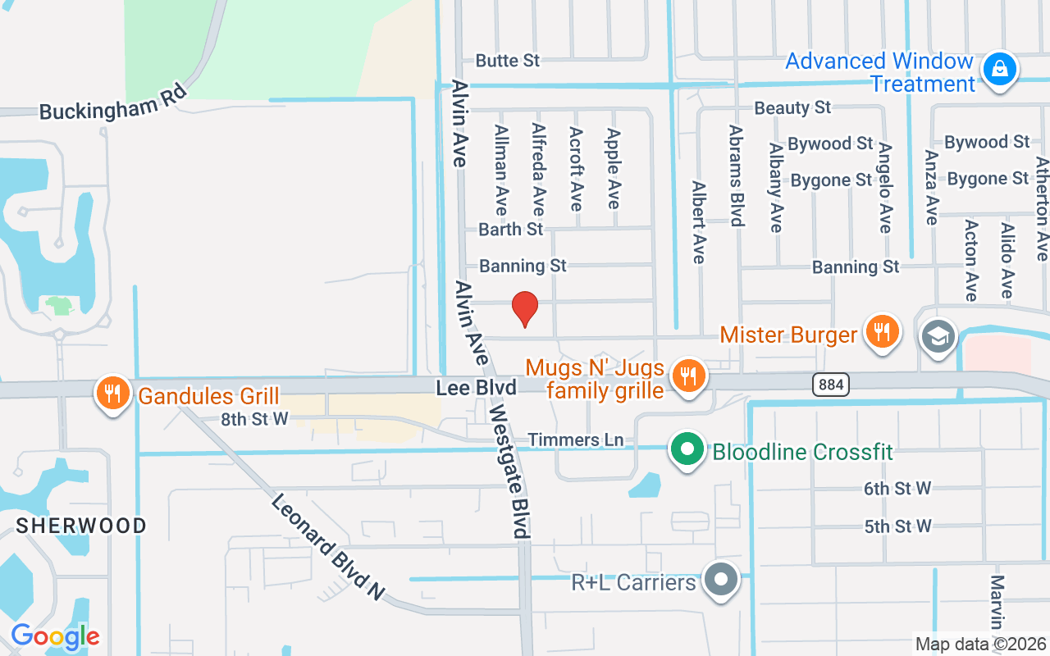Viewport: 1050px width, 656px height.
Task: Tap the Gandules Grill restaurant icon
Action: (x=113, y=393)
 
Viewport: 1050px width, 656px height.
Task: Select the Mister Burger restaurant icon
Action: (x=882, y=331)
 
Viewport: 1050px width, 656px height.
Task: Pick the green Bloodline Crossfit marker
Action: (x=687, y=449)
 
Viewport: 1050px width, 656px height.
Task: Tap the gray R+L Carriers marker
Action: (x=722, y=580)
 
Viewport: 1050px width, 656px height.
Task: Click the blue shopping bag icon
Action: (x=1000, y=69)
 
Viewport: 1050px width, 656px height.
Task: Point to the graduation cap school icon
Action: (x=938, y=335)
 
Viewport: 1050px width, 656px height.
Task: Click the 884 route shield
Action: (x=831, y=384)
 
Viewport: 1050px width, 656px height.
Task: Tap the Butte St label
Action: (x=508, y=61)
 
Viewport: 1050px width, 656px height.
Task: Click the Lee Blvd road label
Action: (x=476, y=387)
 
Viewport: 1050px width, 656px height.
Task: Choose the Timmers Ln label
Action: (x=575, y=440)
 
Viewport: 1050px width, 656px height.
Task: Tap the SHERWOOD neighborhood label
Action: (x=81, y=525)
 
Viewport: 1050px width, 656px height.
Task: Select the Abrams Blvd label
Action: (x=736, y=175)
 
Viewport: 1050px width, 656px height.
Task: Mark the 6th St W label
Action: (x=897, y=489)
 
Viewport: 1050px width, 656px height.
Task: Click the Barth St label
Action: (x=511, y=229)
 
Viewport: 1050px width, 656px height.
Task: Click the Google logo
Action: (x=55, y=636)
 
